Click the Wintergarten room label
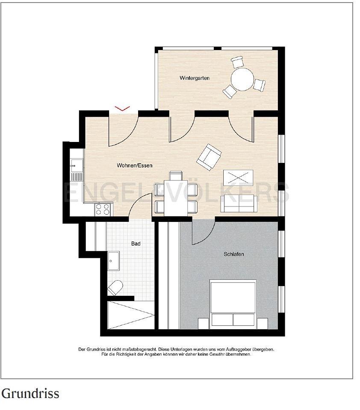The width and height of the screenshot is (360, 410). [x=195, y=78]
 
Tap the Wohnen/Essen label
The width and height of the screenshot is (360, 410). [x=135, y=165]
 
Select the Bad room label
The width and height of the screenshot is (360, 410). [x=136, y=244]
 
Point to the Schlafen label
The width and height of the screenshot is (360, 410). [x=234, y=254]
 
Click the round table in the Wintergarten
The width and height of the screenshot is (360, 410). [x=242, y=79]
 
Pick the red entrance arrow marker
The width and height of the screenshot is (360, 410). [x=123, y=108]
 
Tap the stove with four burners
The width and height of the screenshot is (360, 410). [x=103, y=209]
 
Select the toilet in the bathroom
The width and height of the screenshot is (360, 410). [x=115, y=288]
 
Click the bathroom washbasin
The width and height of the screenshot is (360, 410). [x=113, y=261]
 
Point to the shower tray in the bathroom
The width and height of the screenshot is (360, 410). [x=131, y=315]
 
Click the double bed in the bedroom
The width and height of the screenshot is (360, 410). [x=233, y=303]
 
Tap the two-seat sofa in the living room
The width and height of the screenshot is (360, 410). [x=239, y=204]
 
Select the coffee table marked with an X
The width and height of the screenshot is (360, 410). [x=239, y=177]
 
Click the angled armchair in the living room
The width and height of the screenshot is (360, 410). [x=209, y=157]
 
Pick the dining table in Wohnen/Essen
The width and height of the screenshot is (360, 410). [x=176, y=198]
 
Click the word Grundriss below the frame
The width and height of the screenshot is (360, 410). [x=30, y=393]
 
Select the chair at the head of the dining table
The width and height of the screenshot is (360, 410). [x=175, y=175]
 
